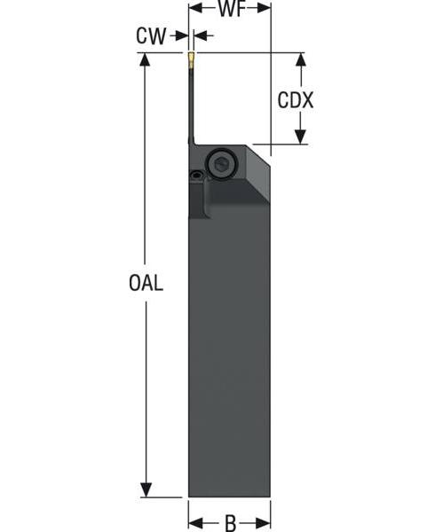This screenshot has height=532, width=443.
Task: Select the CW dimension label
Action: point(150,36)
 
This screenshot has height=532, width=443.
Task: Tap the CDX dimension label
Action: point(295,99)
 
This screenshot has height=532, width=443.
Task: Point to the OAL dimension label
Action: point(146,283)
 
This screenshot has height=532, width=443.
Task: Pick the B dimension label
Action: point(230,522)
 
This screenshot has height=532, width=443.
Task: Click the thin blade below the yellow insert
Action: point(191,106)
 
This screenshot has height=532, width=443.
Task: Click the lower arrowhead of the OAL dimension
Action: point(146,489)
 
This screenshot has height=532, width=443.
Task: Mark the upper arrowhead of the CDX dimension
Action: point(300,60)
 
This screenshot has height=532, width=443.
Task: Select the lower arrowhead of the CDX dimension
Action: point(300,137)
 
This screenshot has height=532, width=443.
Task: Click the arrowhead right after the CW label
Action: point(181,36)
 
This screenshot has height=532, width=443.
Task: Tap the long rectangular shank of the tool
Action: point(229,355)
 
